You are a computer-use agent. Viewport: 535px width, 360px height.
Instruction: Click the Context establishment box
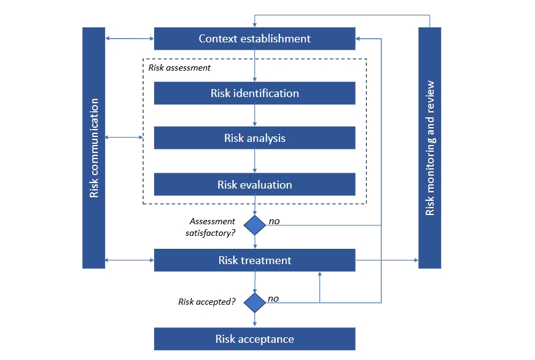click(x=254, y=39)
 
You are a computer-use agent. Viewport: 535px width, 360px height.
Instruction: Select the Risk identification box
click(x=254, y=93)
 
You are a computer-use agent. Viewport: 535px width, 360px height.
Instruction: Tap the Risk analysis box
click(x=254, y=138)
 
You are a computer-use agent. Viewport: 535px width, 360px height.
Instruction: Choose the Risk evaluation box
click(x=254, y=184)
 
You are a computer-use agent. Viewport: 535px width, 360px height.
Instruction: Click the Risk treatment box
click(x=254, y=260)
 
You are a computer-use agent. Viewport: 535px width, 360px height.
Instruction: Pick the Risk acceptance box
click(x=254, y=339)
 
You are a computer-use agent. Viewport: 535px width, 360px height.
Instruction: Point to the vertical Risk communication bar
click(x=94, y=147)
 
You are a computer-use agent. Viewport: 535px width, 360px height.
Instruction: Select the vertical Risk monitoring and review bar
click(x=429, y=147)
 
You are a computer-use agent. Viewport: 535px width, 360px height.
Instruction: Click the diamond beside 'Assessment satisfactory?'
click(x=254, y=225)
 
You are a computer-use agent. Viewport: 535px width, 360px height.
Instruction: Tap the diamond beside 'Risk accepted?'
click(x=254, y=302)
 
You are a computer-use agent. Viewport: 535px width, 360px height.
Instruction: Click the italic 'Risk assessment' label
click(x=179, y=68)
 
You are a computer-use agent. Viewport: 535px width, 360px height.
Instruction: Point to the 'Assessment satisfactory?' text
click(x=211, y=226)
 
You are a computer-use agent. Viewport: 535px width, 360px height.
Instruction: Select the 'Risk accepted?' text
click(x=207, y=302)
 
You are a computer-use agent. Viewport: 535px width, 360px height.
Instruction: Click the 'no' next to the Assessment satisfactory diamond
click(x=274, y=221)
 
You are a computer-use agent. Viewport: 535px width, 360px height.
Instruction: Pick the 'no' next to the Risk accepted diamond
click(x=273, y=299)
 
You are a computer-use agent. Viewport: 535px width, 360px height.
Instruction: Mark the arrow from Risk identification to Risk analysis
click(x=254, y=115)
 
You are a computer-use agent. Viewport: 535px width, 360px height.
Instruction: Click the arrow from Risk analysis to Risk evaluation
click(x=254, y=161)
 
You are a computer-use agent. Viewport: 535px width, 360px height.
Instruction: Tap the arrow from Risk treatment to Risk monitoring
click(x=387, y=260)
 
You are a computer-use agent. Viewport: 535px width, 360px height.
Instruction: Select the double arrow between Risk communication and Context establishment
click(x=130, y=39)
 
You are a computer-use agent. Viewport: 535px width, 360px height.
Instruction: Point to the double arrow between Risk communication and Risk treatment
click(x=130, y=260)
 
